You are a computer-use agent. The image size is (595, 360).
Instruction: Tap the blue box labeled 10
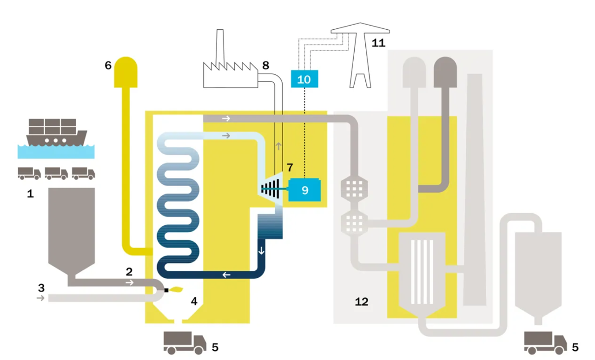(304, 79)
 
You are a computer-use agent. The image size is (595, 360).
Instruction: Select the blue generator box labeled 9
(304, 190)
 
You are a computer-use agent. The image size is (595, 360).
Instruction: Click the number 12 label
(361, 302)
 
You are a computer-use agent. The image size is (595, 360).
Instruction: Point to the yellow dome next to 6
(126, 71)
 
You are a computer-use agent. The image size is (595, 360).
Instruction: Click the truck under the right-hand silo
(545, 343)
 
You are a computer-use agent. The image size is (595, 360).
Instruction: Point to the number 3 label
(41, 288)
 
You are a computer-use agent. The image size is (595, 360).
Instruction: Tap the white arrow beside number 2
(130, 282)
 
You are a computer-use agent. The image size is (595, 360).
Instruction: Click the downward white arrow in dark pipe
(261, 250)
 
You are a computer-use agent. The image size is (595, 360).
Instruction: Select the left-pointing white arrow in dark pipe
(226, 275)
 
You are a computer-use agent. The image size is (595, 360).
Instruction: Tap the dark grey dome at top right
(445, 69)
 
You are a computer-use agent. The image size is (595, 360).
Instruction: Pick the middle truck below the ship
(56, 174)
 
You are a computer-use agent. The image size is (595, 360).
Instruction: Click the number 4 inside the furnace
(194, 301)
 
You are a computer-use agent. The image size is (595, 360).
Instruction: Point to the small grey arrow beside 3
(40, 298)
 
